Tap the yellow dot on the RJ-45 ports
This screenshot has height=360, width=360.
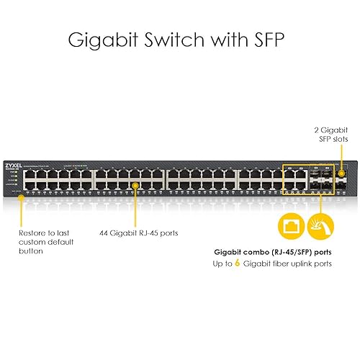click(135, 185)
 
